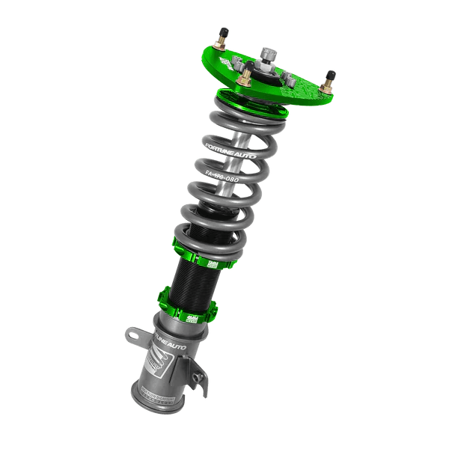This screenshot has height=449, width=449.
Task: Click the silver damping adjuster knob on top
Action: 267,54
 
